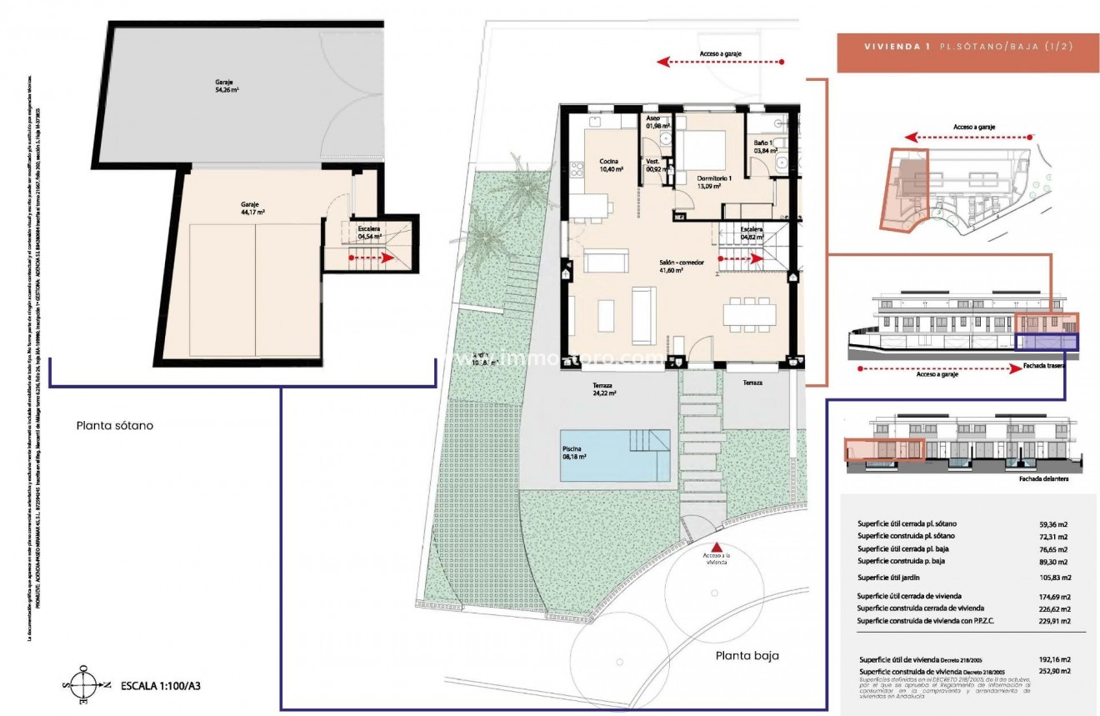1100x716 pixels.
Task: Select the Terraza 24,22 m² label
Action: (x=604, y=389)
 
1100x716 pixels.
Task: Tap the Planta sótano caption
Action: (x=114, y=425)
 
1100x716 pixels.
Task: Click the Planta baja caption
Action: (x=747, y=655)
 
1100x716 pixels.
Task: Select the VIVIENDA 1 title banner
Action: (x=955, y=48)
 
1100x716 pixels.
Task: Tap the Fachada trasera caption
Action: (x=1044, y=365)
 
